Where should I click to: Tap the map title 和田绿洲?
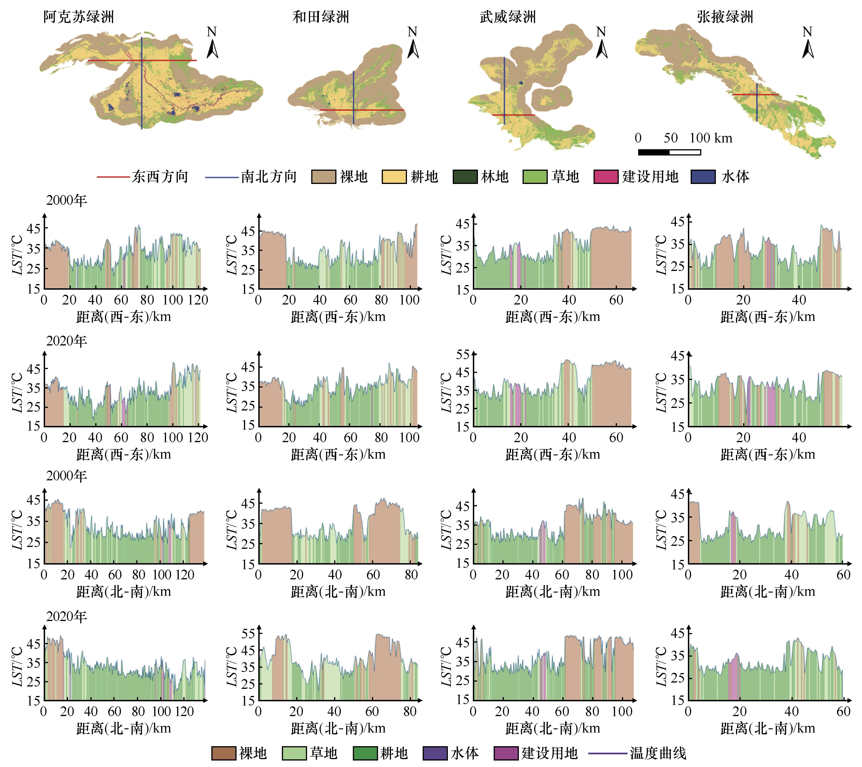click(x=321, y=17)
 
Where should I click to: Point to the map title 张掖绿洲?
click(x=725, y=17)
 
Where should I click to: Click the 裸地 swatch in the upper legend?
click(x=323, y=177)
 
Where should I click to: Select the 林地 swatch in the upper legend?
click(x=465, y=177)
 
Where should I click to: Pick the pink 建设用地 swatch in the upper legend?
click(x=606, y=177)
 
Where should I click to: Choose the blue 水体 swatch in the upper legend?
click(x=703, y=177)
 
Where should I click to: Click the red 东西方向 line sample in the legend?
click(x=113, y=177)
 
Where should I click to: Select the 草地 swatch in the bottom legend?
click(x=294, y=753)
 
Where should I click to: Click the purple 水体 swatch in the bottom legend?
click(x=435, y=753)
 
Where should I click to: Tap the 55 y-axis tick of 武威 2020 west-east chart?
click(x=463, y=354)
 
